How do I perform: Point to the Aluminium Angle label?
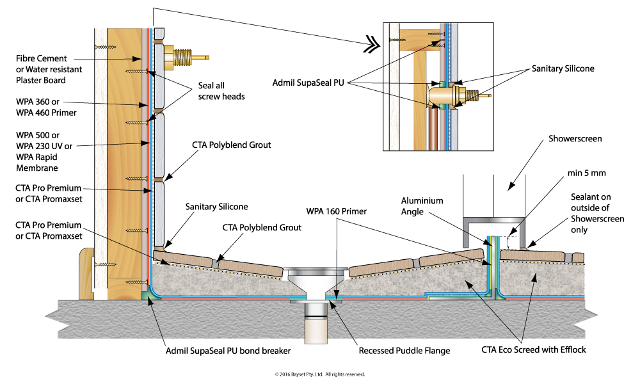(422, 205)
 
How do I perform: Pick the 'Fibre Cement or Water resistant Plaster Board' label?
(41, 70)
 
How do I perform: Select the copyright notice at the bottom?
(320, 374)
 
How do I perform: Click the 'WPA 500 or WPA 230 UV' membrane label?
(42, 151)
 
